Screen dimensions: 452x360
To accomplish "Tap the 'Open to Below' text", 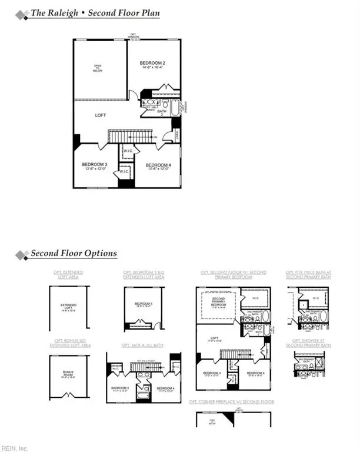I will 98,68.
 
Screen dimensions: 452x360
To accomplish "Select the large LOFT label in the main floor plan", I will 101,116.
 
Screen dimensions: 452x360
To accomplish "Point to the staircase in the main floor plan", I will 128,137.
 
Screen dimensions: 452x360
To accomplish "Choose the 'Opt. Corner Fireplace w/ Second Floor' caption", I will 231,401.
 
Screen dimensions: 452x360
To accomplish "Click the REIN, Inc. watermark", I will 14,448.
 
